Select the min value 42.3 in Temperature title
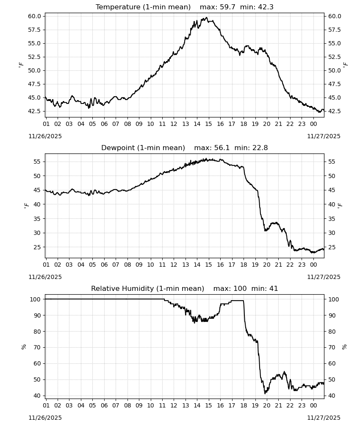point(266,7)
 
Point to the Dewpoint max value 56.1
point(222,148)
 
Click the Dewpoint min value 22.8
point(260,148)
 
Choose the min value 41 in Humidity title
point(274,289)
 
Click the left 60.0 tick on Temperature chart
point(35,16)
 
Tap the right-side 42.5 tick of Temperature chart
point(334,111)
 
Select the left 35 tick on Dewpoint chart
point(37,218)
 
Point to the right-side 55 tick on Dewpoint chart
point(331,162)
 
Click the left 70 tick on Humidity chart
point(37,348)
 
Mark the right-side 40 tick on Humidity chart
point(331,396)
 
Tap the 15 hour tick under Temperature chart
point(208,124)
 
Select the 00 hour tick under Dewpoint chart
point(313,265)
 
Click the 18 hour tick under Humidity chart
point(244,406)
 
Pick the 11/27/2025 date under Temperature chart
point(324,136)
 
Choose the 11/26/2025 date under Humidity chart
point(45,418)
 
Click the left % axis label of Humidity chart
point(24,347)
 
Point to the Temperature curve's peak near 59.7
point(207,17)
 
